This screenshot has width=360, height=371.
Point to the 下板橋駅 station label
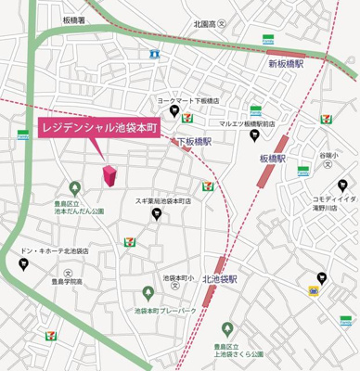[195, 141]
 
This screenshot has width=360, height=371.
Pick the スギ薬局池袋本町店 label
[162, 200]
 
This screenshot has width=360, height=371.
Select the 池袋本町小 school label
[176, 277]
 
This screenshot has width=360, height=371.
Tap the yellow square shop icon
[315, 290]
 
